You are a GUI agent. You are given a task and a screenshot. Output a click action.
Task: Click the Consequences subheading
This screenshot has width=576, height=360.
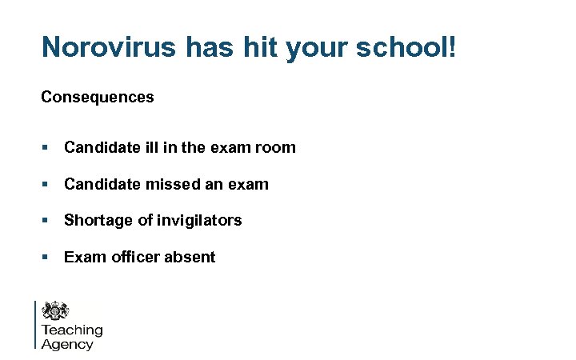98,97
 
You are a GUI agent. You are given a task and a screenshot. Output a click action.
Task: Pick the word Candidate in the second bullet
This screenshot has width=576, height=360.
102,184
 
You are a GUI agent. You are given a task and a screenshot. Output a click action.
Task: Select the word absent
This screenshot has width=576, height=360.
190,257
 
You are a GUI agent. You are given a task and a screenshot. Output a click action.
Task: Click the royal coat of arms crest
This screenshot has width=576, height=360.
56,310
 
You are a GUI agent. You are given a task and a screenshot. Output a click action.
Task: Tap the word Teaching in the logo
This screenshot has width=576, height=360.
72,330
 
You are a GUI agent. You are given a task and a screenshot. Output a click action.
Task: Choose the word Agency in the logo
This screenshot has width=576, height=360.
67,345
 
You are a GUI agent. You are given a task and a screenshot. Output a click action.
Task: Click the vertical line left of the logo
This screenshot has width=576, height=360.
36,324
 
